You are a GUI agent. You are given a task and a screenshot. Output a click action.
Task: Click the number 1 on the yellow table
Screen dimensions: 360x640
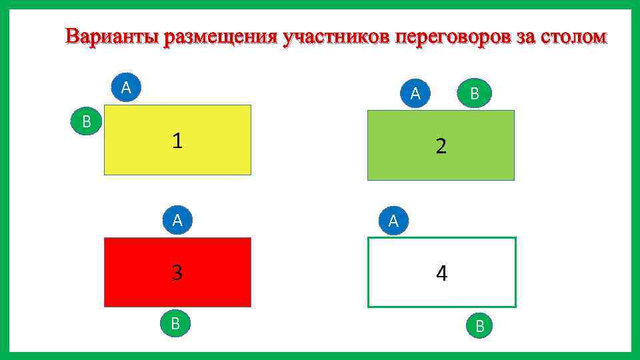coord(177,140)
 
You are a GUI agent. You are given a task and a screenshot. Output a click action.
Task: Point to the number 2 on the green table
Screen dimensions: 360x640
coord(441,146)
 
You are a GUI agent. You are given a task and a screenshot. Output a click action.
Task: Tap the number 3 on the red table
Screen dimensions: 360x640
coord(177,273)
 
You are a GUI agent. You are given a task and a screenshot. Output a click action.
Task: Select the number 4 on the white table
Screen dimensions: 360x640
coord(441,273)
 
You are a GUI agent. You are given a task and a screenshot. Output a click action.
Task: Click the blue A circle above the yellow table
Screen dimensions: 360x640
coord(126,88)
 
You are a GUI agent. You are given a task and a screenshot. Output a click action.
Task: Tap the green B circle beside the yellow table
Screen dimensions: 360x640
coord(86,121)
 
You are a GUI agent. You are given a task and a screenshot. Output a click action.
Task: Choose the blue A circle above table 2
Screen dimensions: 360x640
coord(415,93)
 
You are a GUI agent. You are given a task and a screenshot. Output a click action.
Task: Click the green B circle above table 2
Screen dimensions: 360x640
coord(474,93)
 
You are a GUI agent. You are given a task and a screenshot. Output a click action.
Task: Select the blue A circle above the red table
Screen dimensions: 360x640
coord(177,221)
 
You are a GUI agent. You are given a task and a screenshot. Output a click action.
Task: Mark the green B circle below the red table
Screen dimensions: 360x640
coord(175,323)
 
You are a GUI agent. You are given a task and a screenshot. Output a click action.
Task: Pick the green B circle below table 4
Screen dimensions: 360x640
coord(479,325)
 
